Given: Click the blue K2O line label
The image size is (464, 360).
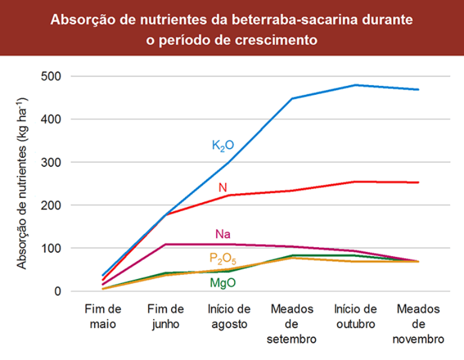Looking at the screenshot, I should point(223,145).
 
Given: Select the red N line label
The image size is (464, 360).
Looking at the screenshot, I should point(223,188).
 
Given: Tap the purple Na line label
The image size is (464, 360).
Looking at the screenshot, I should point(223,234).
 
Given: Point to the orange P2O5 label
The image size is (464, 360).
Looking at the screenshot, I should point(223,259).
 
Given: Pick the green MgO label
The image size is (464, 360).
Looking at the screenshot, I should point(223,282).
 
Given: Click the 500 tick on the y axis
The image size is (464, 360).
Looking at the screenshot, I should point(52,77).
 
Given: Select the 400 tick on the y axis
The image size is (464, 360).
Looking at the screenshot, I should point(52,119).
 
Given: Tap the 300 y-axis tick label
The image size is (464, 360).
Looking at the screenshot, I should point(52,163).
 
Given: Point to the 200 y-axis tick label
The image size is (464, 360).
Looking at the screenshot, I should point(52,205).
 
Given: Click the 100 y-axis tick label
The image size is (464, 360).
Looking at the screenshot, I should point(52,248).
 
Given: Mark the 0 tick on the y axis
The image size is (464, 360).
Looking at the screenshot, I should point(58,292).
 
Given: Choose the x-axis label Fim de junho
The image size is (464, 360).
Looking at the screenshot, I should point(166,316).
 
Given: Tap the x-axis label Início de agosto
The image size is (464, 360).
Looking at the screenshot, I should point(229,316).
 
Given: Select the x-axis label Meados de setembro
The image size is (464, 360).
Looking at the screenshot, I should point(292,324).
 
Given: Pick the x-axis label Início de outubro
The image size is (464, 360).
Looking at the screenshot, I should point(355,316).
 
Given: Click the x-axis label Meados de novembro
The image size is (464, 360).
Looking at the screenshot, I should point(418,324).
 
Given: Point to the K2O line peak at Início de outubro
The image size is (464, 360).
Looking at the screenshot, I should point(356,85).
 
